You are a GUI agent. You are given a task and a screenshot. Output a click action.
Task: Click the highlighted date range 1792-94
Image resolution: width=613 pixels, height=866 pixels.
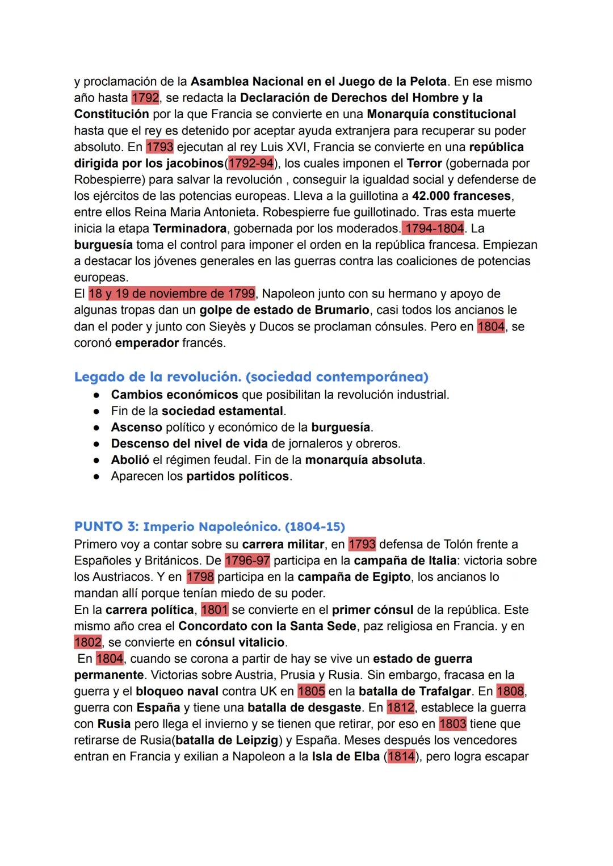(x=250, y=164)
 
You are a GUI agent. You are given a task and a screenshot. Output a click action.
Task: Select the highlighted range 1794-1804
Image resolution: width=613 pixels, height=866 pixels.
(x=433, y=229)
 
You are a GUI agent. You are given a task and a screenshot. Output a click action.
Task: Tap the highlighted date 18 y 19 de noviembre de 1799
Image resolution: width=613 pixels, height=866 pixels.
(x=172, y=294)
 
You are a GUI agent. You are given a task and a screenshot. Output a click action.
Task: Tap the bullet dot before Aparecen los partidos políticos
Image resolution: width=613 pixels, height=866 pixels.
(x=97, y=476)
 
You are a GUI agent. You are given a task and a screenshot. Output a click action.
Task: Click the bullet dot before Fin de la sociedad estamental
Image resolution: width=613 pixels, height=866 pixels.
(x=97, y=411)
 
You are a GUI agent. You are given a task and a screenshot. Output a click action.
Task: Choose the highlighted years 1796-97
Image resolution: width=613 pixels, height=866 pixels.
(x=247, y=561)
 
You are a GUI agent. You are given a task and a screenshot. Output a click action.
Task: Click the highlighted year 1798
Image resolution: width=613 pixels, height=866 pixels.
(x=200, y=577)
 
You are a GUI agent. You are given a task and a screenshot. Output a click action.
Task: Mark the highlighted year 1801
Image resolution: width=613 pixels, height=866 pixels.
(x=215, y=610)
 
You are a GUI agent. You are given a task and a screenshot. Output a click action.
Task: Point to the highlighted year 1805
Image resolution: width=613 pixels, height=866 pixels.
(x=311, y=692)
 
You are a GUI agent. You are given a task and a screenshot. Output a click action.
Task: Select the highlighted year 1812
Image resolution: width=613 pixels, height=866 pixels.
(x=401, y=708)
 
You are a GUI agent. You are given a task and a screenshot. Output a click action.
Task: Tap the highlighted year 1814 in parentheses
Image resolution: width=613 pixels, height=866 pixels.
(x=401, y=757)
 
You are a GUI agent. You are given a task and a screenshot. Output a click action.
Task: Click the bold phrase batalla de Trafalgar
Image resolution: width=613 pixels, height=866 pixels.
(x=415, y=692)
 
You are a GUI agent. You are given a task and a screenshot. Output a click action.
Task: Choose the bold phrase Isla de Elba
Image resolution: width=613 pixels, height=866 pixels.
(x=346, y=757)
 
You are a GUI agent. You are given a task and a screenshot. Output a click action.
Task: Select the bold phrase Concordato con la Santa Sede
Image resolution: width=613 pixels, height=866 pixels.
(x=267, y=626)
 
